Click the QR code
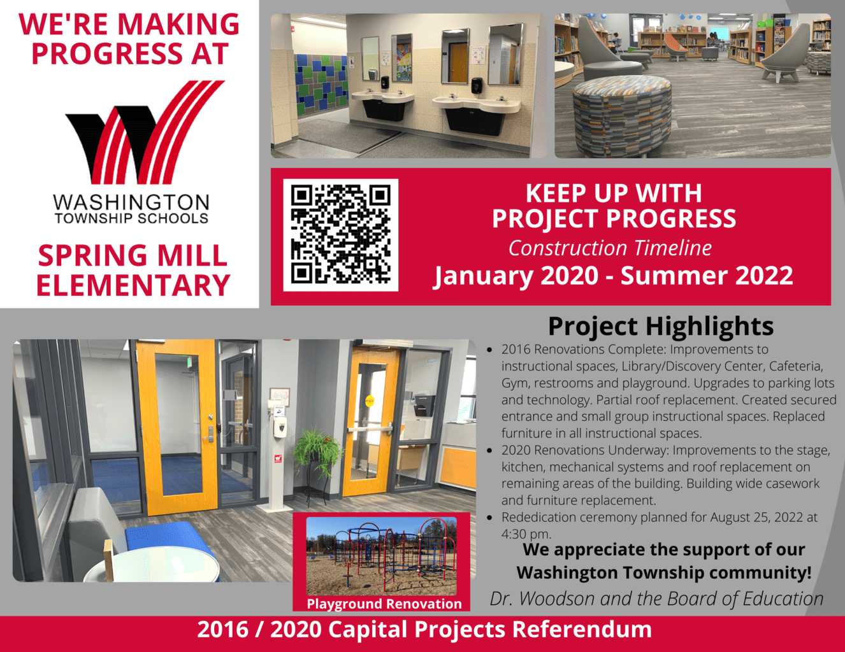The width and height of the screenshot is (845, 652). click(x=341, y=234)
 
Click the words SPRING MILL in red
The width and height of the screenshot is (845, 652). click(x=133, y=255)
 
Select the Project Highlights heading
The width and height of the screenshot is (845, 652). click(x=661, y=327)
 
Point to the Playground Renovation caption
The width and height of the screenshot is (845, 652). click(x=384, y=604)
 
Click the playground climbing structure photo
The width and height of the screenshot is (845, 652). click(x=382, y=556)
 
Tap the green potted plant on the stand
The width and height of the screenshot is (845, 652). click(x=318, y=452)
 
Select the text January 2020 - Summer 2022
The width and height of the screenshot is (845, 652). click(x=613, y=276)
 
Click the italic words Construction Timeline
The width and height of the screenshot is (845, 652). click(x=610, y=248)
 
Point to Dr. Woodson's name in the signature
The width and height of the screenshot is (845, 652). click(x=542, y=599)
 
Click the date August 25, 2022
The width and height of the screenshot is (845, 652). click(x=756, y=517)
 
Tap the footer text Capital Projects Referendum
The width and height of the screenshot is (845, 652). click(x=490, y=630)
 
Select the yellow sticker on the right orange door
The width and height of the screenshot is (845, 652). click(x=370, y=400)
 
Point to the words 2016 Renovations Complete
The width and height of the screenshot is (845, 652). click(x=584, y=350)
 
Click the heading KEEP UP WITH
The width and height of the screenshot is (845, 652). click(x=614, y=193)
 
